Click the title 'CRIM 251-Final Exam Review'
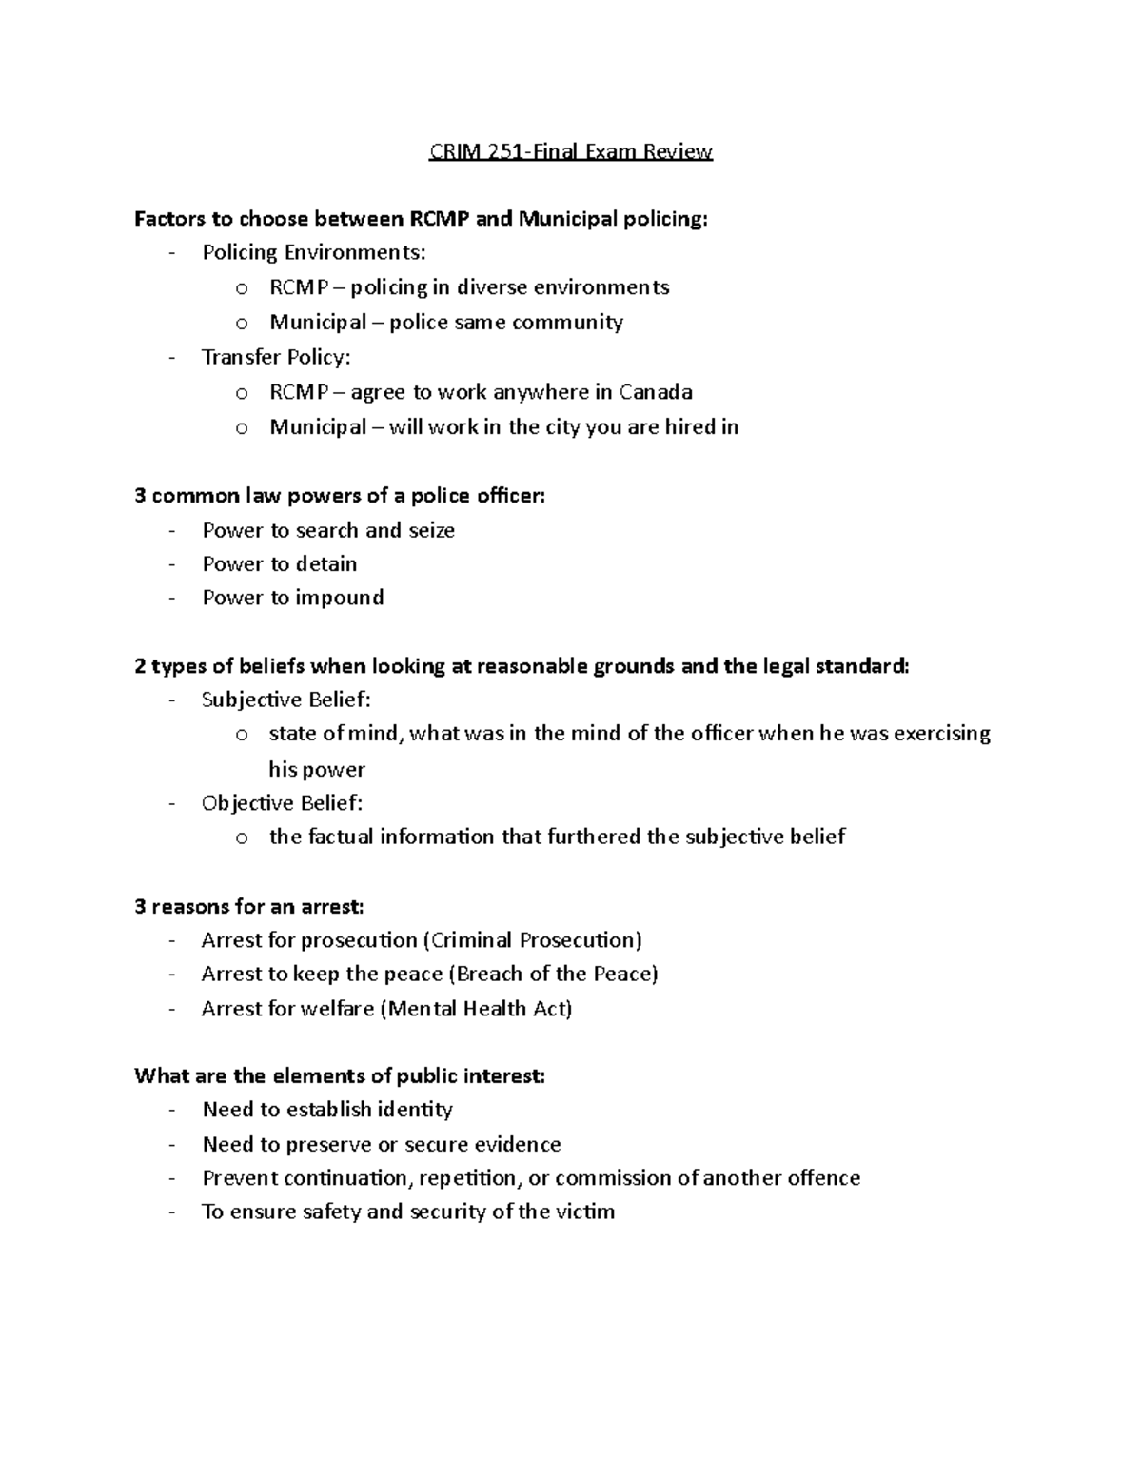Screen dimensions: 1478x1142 [570, 151]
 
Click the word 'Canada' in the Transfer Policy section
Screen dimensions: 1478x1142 [656, 392]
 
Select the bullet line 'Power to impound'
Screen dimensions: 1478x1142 [293, 598]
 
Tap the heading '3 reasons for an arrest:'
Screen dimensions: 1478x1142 [249, 906]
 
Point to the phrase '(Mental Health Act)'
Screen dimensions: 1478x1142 [476, 1009]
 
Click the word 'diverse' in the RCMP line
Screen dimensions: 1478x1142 [492, 287]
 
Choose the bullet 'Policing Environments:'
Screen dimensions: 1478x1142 [314, 253]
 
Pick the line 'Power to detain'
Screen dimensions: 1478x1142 [280, 564]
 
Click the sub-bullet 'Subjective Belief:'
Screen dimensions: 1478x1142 [285, 700]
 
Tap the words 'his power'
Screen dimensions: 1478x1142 [317, 769]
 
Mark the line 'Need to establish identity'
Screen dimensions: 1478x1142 [327, 1110]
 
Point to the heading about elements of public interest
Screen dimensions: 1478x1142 [340, 1076]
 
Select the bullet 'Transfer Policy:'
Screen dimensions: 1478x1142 [276, 358]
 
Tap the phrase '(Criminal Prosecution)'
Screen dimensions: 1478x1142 [532, 940]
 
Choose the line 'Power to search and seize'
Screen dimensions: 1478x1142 [328, 531]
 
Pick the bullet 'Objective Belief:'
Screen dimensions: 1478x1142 [282, 803]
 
